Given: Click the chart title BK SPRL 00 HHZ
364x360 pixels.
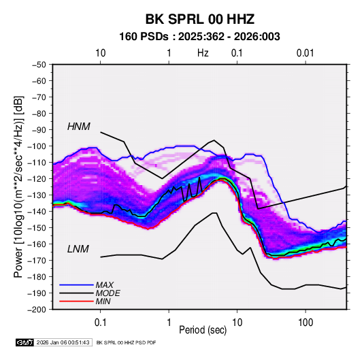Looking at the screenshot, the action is point(199,19).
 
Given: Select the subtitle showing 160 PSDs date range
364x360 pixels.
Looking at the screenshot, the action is point(199,37).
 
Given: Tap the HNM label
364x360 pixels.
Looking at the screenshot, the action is point(79,127).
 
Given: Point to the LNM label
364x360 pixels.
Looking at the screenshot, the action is point(78,249).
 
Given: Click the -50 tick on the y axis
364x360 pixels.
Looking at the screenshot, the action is point(39,65).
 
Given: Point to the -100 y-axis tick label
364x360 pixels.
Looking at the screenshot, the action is point(37,146).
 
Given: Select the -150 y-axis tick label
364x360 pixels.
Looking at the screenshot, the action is point(37,228).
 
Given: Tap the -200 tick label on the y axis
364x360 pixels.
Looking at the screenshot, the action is point(37,310).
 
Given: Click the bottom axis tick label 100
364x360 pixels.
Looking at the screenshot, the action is point(305,323).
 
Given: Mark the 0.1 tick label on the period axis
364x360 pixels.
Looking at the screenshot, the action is point(100,323).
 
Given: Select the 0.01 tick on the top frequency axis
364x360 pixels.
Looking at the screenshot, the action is point(305,53).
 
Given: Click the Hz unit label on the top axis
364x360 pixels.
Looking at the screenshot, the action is point(203,53).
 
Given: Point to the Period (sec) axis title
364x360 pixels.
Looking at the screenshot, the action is point(203,330).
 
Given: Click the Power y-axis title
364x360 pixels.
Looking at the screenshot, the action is point(18,186).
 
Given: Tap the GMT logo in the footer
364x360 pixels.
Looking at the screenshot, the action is point(24,342).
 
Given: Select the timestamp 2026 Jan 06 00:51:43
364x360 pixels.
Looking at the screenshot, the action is point(63,342).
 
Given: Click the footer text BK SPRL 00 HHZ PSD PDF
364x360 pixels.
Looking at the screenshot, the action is point(126,342).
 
